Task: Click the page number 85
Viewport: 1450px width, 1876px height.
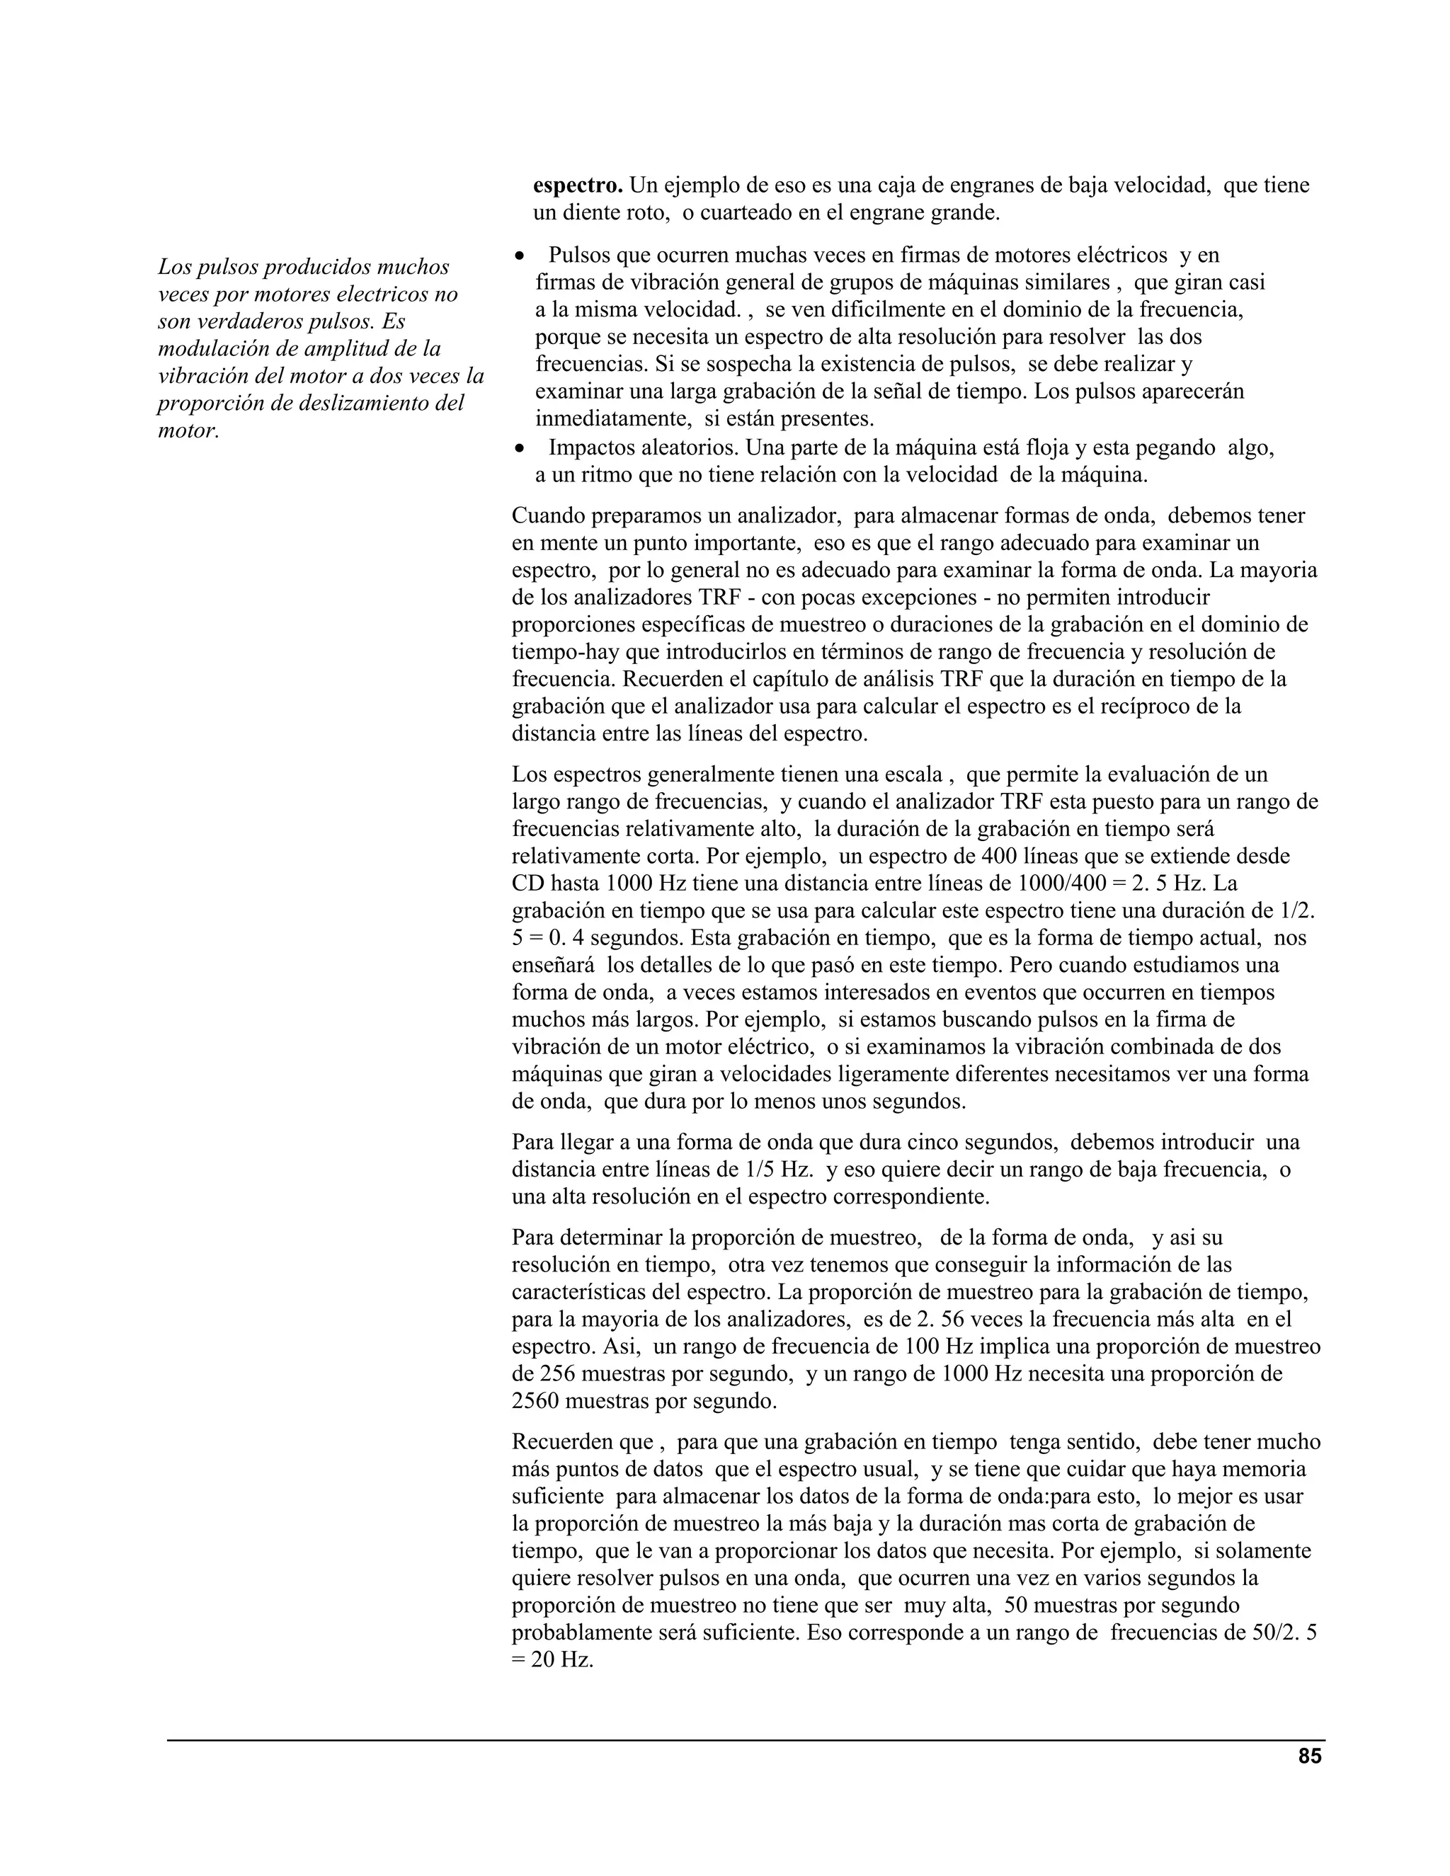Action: (1309, 1756)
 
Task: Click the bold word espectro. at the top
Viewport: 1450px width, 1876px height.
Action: (577, 185)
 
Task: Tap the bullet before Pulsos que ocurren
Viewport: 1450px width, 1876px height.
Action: (519, 257)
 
